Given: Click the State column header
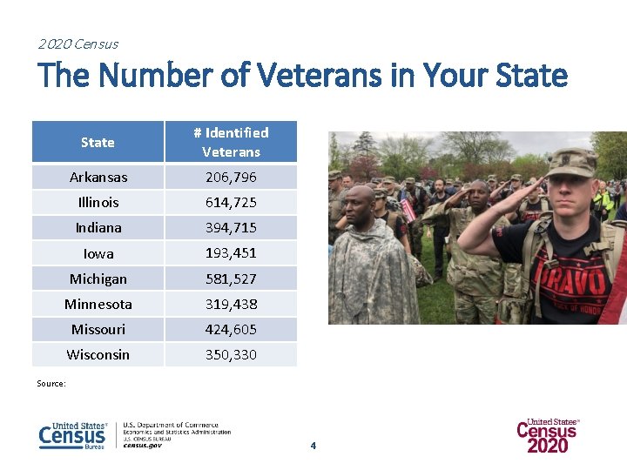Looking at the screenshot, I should (98, 142).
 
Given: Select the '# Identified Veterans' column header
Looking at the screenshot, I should (231, 142).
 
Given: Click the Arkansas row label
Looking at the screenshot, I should (98, 177).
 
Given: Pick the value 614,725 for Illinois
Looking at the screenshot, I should (231, 202).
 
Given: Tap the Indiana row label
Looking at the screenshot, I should (98, 227).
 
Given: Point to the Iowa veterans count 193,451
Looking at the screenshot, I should (231, 253).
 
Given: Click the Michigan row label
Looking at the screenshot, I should (98, 279).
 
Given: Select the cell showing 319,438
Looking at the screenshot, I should (231, 304).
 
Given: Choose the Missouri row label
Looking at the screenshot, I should (98, 329).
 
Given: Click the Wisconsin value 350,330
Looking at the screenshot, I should (231, 354).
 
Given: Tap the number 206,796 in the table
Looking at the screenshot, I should (231, 177).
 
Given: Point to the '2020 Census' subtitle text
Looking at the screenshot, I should (78, 44).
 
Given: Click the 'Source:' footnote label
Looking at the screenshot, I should (51, 383).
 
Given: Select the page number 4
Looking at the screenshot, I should (313, 446).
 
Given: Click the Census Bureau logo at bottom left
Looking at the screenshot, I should (72, 435).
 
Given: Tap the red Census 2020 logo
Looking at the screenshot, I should (548, 435).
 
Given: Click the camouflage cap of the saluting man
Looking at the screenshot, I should (570, 161).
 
